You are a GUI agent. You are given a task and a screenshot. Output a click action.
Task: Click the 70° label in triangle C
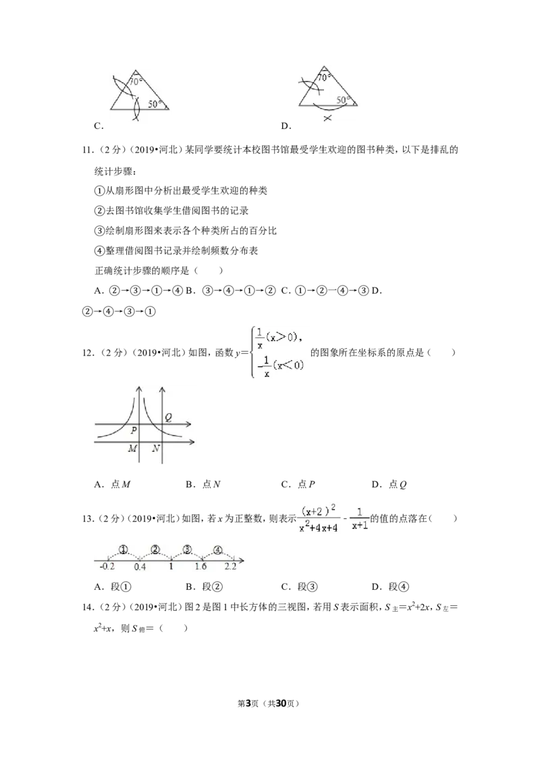[136, 82]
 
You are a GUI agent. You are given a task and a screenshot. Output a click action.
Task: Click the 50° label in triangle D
[343, 99]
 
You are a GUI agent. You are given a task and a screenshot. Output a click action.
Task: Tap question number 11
[88, 150]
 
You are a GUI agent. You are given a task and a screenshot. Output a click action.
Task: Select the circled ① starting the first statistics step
[99, 190]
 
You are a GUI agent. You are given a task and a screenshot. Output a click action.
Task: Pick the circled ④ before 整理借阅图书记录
[99, 251]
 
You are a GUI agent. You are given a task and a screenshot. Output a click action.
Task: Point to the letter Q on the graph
[168, 418]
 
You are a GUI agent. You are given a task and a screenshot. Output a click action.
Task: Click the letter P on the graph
[134, 431]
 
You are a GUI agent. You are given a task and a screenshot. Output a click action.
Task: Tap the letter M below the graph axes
[132, 448]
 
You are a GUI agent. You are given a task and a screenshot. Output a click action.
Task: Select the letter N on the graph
[155, 448]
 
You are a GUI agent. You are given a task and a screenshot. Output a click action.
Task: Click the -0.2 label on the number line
[107, 566]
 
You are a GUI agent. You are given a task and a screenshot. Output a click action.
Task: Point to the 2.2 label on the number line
[230, 566]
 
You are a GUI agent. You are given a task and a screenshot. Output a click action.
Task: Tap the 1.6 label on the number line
[200, 566]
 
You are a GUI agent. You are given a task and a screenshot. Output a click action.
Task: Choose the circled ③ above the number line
[187, 549]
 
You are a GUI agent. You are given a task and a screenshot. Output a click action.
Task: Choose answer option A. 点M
[113, 485]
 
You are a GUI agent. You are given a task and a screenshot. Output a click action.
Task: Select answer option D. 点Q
[389, 485]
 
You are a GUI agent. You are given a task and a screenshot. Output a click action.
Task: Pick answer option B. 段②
[205, 586]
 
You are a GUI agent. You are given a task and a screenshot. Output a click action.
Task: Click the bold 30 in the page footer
[280, 703]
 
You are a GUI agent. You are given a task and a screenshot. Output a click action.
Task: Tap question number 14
[88, 607]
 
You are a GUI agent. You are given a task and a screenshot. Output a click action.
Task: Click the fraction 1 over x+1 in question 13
[360, 519]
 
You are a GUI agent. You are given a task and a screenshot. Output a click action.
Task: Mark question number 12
[88, 353]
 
